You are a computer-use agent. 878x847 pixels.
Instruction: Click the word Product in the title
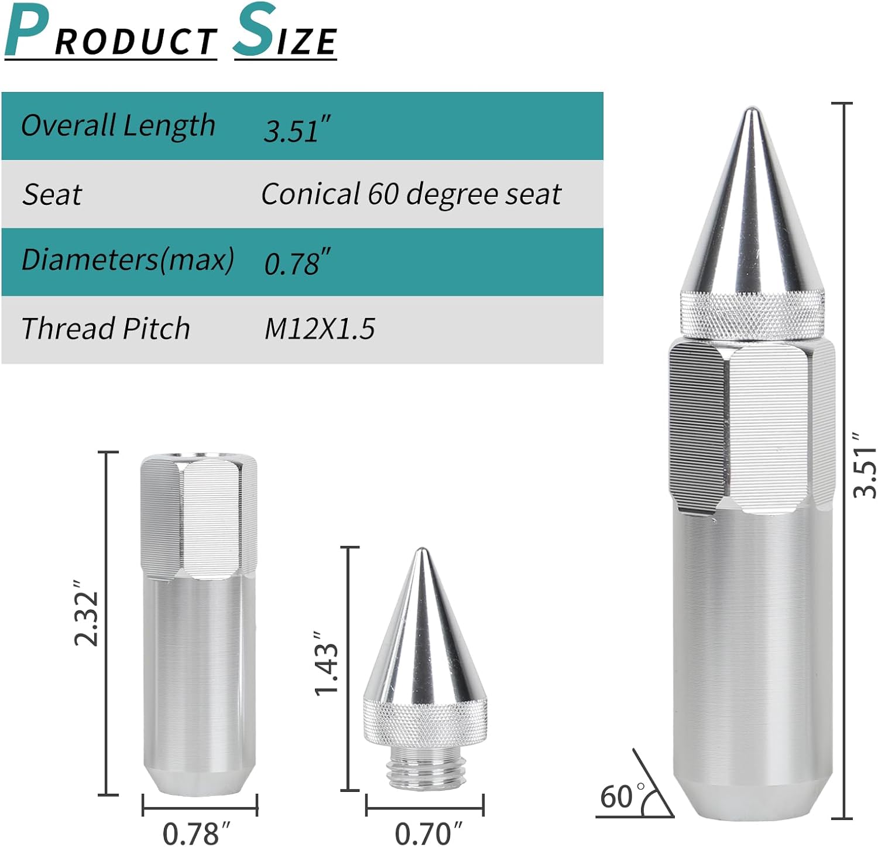point(111,33)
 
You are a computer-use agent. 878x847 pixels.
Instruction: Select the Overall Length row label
point(118,125)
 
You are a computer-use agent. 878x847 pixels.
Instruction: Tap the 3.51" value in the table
point(297,130)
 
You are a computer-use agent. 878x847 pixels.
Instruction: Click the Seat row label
point(52,194)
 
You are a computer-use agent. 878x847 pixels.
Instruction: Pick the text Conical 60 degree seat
point(411,194)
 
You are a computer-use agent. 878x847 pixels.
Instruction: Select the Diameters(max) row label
point(128,259)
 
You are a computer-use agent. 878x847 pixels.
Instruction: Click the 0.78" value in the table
point(297,263)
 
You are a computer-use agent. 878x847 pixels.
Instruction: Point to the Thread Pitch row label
point(105,328)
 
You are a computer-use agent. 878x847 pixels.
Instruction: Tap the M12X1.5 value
point(319,329)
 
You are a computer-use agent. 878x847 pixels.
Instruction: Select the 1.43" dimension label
point(326,663)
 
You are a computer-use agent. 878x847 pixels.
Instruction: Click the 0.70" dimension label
point(428,833)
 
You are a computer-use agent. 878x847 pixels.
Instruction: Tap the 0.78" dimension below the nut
point(196,833)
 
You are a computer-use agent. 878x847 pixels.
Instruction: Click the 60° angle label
point(620,797)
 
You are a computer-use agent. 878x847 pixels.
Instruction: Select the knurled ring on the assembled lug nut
point(752,316)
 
